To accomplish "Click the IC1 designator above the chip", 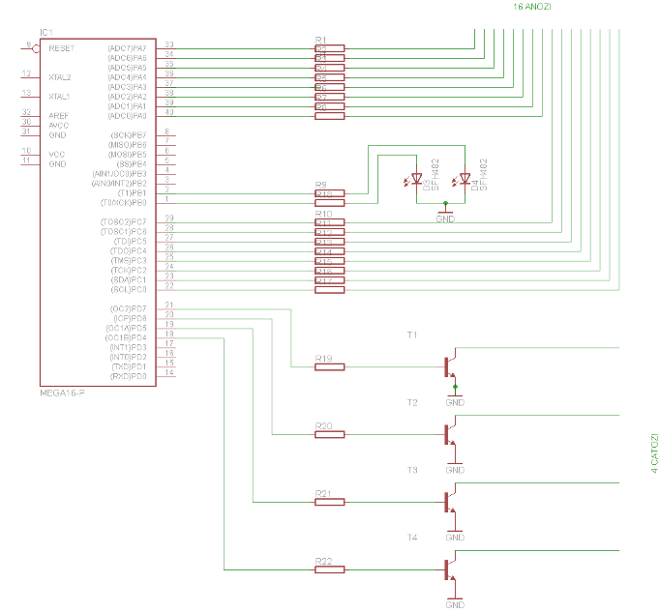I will click(x=45, y=33).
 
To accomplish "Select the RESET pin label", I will click(x=61, y=47).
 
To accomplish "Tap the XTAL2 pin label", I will click(x=60, y=76).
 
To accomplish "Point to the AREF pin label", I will click(x=59, y=115).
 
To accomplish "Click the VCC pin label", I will click(x=57, y=154).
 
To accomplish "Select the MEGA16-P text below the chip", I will click(x=63, y=393).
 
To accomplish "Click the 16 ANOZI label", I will click(x=532, y=6).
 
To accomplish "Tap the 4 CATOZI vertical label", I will click(x=654, y=453).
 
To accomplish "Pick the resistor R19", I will click(x=329, y=366).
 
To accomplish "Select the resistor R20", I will click(x=329, y=434).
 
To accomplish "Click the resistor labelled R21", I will click(x=329, y=502).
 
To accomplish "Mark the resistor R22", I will click(x=329, y=569).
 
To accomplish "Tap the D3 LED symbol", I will click(x=417, y=179).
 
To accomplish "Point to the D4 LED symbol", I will click(x=465, y=179).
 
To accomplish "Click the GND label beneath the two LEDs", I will click(x=445, y=219).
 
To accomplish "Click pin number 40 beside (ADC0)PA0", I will click(x=169, y=113).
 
